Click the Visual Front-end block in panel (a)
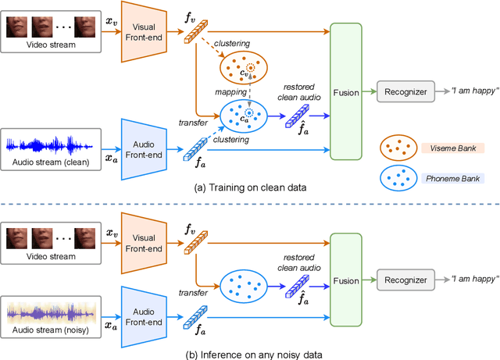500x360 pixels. (x=144, y=32)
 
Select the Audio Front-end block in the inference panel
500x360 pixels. (x=144, y=317)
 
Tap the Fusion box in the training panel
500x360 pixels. (x=346, y=91)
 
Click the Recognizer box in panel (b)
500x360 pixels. (x=405, y=280)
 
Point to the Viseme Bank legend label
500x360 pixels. (x=453, y=148)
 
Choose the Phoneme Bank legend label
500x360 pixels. (x=453, y=179)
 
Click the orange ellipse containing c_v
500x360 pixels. (x=244, y=68)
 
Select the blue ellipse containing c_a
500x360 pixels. (x=244, y=116)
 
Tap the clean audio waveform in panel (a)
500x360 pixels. (x=49, y=145)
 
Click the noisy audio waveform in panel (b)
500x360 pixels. (x=51, y=313)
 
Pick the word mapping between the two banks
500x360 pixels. (x=231, y=92)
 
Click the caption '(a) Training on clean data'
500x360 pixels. (x=250, y=187)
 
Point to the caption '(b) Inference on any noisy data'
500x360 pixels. (x=254, y=355)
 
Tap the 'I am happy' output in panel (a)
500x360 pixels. (x=474, y=91)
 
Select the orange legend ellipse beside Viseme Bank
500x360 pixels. (x=398, y=148)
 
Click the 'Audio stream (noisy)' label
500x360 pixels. (x=51, y=330)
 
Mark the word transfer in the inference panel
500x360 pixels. (x=193, y=293)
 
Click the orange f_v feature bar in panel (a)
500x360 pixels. (x=196, y=31)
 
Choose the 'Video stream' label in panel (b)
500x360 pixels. (x=51, y=256)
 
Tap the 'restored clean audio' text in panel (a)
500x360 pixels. (x=298, y=92)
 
